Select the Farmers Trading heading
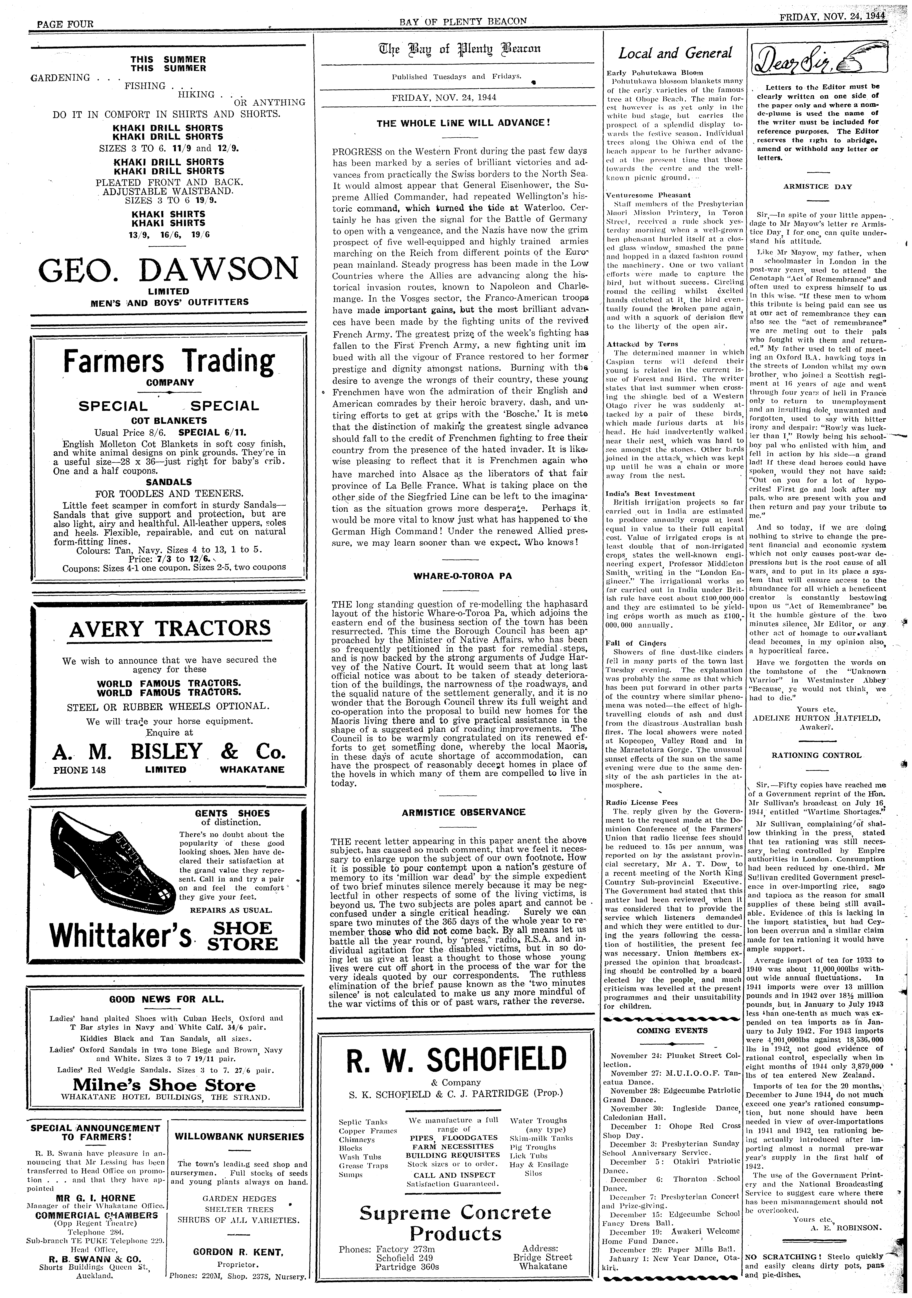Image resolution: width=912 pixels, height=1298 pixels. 169,360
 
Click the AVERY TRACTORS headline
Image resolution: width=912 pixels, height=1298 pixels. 170,628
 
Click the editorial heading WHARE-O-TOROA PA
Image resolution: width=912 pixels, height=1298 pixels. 455,576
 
